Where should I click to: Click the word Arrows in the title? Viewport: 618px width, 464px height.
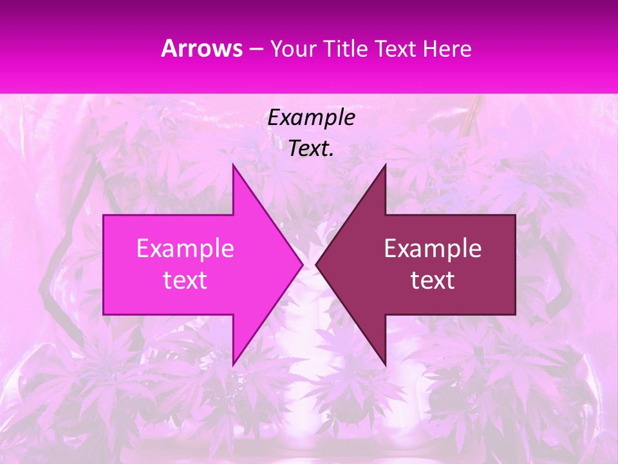tap(202, 48)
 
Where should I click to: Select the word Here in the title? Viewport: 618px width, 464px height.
tap(447, 48)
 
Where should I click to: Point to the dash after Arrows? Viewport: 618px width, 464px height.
tap(256, 50)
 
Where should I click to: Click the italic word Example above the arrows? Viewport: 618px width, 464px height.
tap(311, 117)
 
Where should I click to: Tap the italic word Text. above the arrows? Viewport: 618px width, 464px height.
tap(311, 148)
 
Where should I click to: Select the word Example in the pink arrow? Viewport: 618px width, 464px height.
tap(185, 248)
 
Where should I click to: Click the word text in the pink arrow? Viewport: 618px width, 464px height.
tap(185, 280)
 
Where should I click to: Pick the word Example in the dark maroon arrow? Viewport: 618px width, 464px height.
tap(433, 248)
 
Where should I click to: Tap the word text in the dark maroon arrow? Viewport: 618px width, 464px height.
tap(433, 280)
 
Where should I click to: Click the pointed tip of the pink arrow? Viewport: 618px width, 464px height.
tap(303, 264)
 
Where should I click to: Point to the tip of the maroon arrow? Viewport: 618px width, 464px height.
tap(316, 264)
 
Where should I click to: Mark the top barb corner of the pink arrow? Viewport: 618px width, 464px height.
tap(233, 165)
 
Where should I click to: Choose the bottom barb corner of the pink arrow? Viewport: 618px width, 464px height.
tap(233, 365)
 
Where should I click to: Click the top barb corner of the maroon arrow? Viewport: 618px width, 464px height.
tap(385, 165)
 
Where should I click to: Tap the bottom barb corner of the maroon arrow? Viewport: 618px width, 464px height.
tap(385, 365)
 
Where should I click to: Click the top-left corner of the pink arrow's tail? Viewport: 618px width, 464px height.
tap(104, 215)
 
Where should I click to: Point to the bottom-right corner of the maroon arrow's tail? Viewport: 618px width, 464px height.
tap(515, 314)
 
